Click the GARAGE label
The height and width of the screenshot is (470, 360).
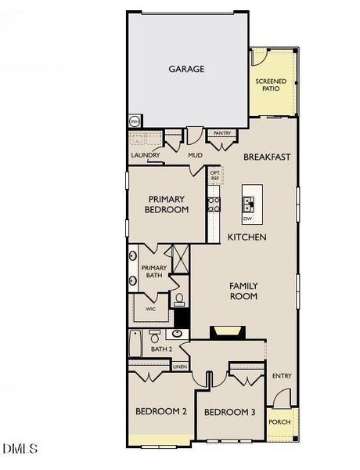tap(186, 69)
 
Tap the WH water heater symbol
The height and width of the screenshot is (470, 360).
tap(135, 121)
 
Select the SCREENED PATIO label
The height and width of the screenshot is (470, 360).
tap(271, 85)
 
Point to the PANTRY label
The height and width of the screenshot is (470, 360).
tap(222, 133)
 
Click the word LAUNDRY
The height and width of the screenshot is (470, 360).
tap(146, 155)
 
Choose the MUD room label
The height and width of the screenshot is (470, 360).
tap(196, 155)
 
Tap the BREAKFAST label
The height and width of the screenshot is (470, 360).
tap(267, 157)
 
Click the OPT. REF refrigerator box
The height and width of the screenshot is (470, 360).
tap(214, 175)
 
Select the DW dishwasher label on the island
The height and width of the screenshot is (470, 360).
tap(247, 219)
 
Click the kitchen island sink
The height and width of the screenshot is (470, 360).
tap(248, 204)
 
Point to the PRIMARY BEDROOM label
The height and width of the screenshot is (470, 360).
tap(167, 204)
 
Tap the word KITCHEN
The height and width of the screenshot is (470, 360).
tap(247, 237)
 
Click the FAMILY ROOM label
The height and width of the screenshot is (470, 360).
tap(243, 291)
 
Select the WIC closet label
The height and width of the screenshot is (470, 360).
tap(150, 309)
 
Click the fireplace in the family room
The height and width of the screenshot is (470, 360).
tap(228, 332)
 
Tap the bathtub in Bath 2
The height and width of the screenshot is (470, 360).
tap(135, 343)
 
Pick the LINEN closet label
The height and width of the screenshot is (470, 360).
tap(180, 367)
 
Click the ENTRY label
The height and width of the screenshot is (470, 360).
tap(282, 375)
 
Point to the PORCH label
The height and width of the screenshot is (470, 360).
tap(279, 422)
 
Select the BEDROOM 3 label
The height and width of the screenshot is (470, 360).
tap(230, 412)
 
